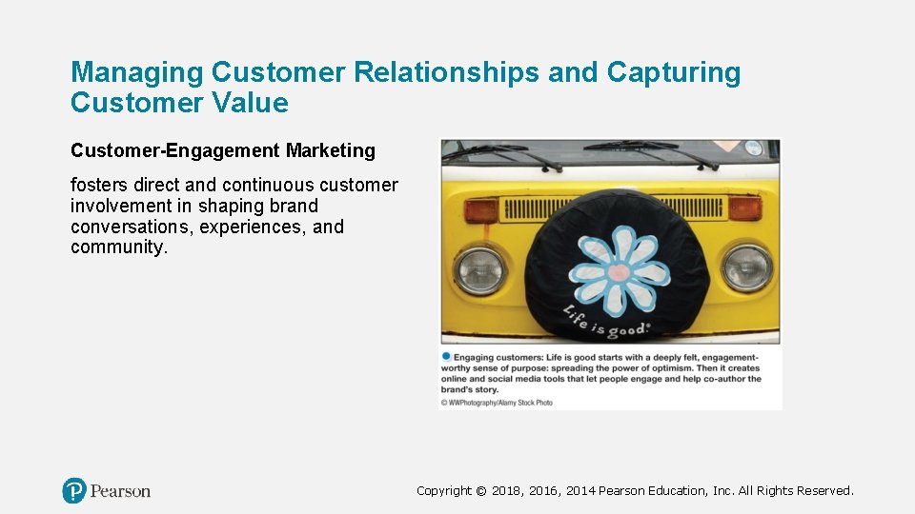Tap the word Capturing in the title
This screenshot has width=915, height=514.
pos(675,72)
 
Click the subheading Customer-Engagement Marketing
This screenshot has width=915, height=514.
pos(223,150)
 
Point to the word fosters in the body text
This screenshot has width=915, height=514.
pos(100,185)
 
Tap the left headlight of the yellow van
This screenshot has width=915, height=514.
pos(478,269)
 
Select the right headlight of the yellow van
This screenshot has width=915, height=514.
pos(745,267)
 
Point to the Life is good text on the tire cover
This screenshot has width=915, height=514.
pos(606,323)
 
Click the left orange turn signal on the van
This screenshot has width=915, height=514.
pos(481,210)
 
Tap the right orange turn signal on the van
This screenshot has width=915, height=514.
pos(743,208)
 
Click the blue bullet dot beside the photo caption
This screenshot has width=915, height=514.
pos(445,356)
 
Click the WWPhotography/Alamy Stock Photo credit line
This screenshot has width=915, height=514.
pos(497,403)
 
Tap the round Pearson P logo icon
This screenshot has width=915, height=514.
pos(74,491)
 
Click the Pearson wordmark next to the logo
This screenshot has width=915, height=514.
pos(120,491)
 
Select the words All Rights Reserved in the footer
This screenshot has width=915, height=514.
pos(795,491)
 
